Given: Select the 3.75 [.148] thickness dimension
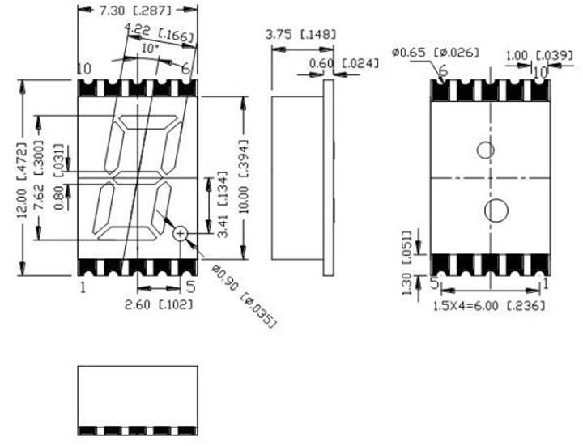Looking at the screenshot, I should [x=300, y=35].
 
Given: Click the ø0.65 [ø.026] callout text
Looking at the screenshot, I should [x=436, y=52].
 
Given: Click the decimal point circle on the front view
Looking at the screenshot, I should [x=181, y=233].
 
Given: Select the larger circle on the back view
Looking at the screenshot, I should [x=495, y=210].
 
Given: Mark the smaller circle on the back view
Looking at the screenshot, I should [x=486, y=151].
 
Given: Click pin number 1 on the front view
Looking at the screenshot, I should [x=83, y=286].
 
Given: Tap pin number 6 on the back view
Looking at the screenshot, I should [x=442, y=71].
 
